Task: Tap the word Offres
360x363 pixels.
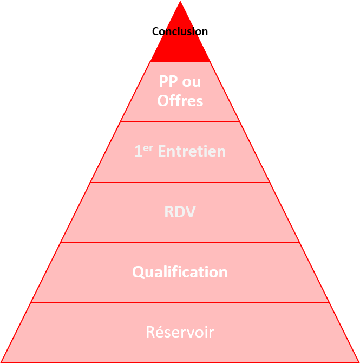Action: (180, 101)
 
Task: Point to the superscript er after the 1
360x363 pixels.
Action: (147, 148)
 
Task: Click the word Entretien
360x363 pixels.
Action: (191, 152)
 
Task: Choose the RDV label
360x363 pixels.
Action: (180, 212)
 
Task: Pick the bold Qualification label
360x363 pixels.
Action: (180, 272)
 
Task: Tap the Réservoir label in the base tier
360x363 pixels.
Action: (180, 332)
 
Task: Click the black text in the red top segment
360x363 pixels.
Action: (180, 32)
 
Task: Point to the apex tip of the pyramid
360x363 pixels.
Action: (180, 2)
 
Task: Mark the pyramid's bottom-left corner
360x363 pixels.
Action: (2, 361)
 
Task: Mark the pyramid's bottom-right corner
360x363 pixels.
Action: (357, 361)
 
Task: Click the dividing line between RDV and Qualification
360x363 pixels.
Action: (180, 242)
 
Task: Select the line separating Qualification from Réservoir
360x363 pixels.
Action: (180, 302)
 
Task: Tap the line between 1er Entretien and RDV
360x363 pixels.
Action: (180, 182)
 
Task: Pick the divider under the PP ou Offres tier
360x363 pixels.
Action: (180, 122)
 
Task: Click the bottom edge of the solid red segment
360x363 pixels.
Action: (180, 62)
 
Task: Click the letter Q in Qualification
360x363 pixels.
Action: (138, 272)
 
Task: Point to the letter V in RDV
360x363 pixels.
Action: (190, 212)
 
